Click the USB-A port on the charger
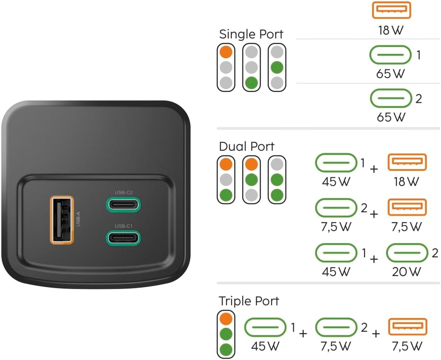pos(62,220)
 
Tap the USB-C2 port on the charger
pos(123,205)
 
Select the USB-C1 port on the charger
pos(123,238)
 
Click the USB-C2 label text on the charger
pos(123,192)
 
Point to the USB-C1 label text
pos(123,226)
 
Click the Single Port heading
pos(251,34)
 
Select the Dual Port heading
pos(246,146)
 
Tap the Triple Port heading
pos(249,301)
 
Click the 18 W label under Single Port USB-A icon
pos(390,30)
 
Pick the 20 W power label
pos(406,271)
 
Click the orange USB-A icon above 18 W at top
pos(391,10)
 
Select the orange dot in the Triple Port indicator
pos(226,319)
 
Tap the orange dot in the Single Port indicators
pos(226,52)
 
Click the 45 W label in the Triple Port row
pos(265,346)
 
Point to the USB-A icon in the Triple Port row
pos(408,327)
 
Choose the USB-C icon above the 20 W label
pos(407,253)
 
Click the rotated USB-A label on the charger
pos(78,219)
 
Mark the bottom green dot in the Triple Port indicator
pos(226,350)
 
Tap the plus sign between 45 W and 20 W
pos(374,259)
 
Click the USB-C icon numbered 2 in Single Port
pos(391,98)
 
